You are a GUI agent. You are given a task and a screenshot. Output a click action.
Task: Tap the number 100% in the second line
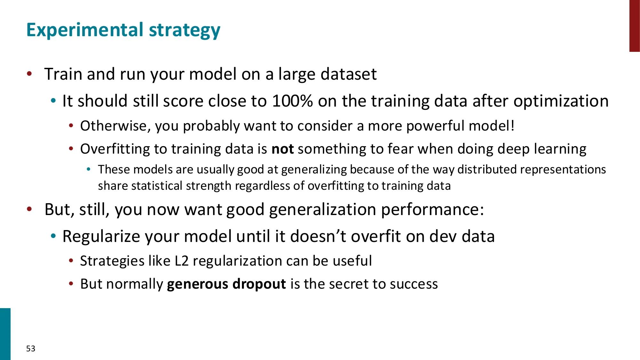pyautogui.click(x=292, y=101)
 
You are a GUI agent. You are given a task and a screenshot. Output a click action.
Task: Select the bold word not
pyautogui.click(x=283, y=149)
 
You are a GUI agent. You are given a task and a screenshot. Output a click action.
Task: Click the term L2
pyautogui.click(x=181, y=261)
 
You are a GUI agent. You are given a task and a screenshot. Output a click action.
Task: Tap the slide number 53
pyautogui.click(x=31, y=348)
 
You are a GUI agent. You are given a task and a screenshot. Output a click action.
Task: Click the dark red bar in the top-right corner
pyautogui.click(x=635, y=26)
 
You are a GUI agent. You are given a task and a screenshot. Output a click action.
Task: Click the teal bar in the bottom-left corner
pyautogui.click(x=5, y=334)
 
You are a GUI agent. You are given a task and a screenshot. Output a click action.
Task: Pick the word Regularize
pyautogui.click(x=101, y=237)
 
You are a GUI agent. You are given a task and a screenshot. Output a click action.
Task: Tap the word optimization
pyautogui.click(x=561, y=101)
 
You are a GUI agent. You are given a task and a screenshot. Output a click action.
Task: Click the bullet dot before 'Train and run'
pyautogui.click(x=29, y=74)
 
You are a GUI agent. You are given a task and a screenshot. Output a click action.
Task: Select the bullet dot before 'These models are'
pyautogui.click(x=89, y=169)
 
